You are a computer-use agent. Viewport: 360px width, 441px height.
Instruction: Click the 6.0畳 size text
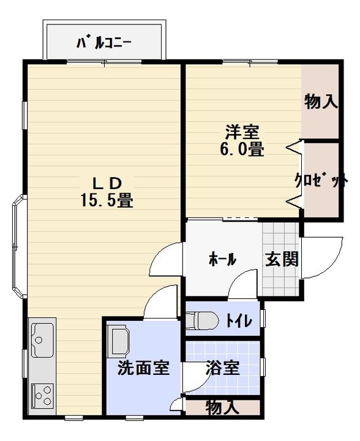(x=242, y=148)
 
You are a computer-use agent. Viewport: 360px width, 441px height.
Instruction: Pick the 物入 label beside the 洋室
(x=321, y=102)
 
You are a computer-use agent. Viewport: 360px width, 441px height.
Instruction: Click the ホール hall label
(x=222, y=259)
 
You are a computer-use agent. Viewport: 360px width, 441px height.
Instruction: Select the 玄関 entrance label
(x=282, y=259)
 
